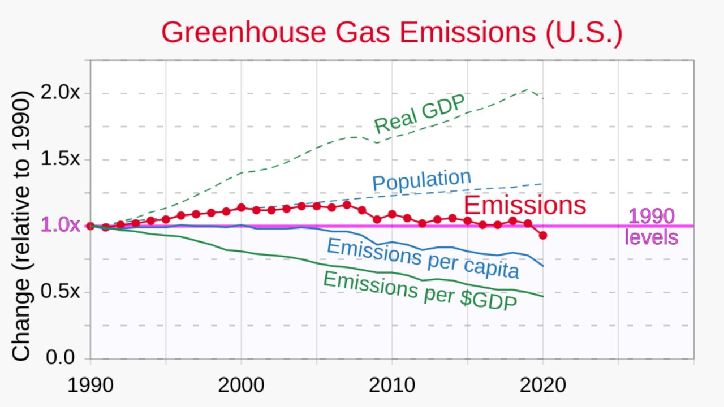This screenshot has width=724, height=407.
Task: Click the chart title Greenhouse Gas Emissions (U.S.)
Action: click(x=391, y=32)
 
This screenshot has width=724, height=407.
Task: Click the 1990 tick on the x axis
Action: click(x=90, y=386)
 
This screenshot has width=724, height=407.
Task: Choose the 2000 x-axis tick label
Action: click(x=241, y=386)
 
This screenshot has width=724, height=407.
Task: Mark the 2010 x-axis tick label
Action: click(x=392, y=386)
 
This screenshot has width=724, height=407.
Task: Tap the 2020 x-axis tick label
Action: click(x=543, y=386)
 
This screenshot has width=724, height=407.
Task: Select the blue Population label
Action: click(x=421, y=180)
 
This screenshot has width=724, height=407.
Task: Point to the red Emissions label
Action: click(x=524, y=206)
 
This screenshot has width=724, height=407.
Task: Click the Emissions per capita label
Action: click(x=423, y=258)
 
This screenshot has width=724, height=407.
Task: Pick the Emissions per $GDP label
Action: click(x=420, y=291)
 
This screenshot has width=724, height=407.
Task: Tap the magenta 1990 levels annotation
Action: click(x=652, y=227)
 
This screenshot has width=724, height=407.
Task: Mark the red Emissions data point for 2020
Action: click(x=543, y=235)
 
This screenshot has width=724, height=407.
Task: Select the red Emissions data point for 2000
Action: click(x=242, y=207)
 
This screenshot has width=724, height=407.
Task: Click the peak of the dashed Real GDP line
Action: click(x=528, y=89)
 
